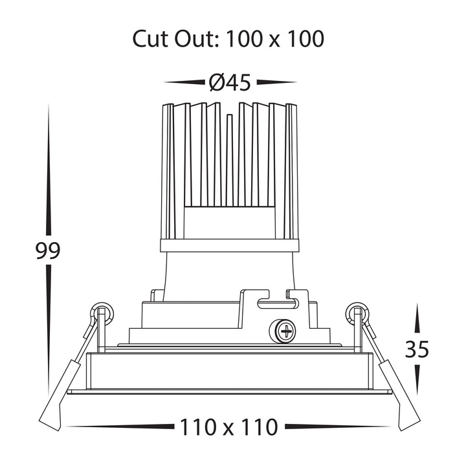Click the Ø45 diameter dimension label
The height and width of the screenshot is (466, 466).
pos(230,82)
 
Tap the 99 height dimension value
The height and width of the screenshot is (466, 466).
pos(48,250)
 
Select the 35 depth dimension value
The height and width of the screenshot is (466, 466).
pos(417,349)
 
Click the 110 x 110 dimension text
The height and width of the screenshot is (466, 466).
pos(229,427)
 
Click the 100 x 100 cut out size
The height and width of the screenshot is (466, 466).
pos(275,39)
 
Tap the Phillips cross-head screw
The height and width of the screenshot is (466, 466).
pos(283,331)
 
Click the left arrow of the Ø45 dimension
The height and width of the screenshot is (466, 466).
pos(184,82)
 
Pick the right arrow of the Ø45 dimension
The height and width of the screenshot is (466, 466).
pos(277,82)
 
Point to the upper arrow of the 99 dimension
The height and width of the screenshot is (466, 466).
pos(49,170)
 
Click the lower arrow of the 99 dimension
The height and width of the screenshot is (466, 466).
pos(49,331)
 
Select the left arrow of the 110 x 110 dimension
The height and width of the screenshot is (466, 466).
pos(120,427)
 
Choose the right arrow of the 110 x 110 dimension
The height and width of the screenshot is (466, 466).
pos(338,427)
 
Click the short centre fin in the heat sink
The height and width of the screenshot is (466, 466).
pos(229,160)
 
